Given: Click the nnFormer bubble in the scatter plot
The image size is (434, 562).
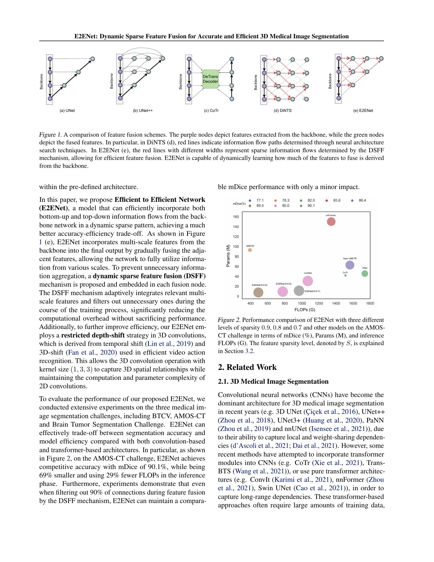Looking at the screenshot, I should (331, 221).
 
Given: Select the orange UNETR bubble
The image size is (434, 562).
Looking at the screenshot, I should (250, 250).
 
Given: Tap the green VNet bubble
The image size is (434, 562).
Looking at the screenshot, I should (365, 274).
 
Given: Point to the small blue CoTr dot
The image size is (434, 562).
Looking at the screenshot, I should (345, 275).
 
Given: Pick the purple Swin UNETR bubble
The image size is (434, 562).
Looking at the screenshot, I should (350, 265).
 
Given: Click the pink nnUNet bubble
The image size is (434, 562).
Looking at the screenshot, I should (308, 281).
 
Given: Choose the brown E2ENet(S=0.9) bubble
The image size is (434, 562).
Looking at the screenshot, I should (258, 292).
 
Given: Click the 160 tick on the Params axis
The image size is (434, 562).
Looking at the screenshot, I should (236, 217).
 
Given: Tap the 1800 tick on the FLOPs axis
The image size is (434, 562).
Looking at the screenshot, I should (370, 303).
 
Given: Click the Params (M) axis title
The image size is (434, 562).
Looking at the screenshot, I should (228, 255).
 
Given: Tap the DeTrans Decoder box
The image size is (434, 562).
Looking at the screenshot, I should (210, 79).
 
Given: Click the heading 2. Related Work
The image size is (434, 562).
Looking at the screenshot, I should (247, 367).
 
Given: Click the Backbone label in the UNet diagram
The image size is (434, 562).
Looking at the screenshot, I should (41, 82).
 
